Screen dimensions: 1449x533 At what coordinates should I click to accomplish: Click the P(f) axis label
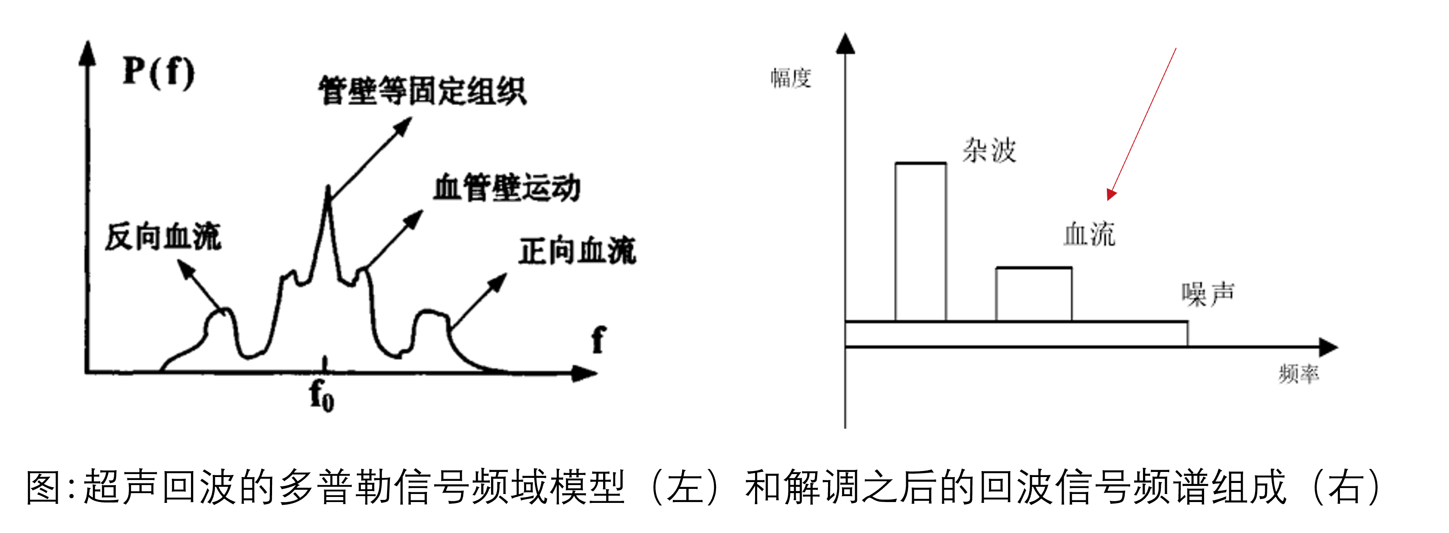coord(159,73)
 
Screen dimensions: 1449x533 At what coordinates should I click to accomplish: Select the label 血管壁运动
coord(507,187)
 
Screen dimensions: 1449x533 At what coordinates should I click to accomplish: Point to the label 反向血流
coord(163,236)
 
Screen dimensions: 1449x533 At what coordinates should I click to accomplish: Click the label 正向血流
coord(578,251)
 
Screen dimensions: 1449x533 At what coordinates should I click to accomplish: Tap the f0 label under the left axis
coord(322,395)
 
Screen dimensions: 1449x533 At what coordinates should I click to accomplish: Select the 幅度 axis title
coord(791,78)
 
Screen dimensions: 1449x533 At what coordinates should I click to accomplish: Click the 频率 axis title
coord(1299,374)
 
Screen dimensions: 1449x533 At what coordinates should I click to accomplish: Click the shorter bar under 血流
coord(1034,294)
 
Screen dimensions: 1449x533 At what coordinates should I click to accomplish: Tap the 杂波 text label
coord(989,151)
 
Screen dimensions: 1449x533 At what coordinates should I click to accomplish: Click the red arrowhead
coord(1110,195)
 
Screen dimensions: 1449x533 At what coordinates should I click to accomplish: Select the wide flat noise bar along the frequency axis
coord(1017,334)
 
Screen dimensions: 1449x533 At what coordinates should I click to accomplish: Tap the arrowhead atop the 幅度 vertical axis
coord(845,43)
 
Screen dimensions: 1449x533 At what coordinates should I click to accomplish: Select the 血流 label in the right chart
coord(1090,234)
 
